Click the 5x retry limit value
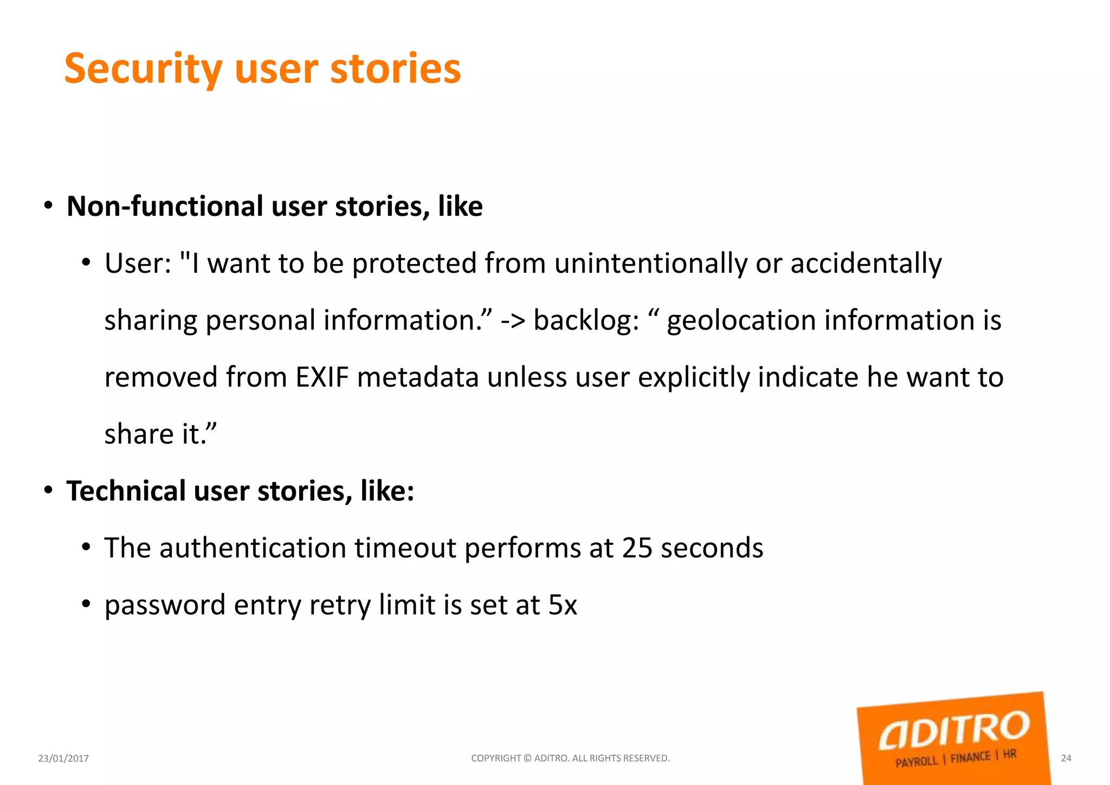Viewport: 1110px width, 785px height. (563, 604)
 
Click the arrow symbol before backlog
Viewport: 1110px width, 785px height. (513, 321)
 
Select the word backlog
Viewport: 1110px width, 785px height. (586, 320)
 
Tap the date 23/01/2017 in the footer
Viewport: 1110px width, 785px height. (63, 758)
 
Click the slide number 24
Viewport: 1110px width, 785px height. (1066, 758)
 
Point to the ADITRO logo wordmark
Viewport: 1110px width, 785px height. (954, 730)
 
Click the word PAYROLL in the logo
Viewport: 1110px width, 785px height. (916, 762)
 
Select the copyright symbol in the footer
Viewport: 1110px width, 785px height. (527, 758)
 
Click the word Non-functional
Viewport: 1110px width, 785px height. (165, 207)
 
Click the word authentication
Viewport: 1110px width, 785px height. (253, 548)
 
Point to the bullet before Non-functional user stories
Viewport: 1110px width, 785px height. (49, 206)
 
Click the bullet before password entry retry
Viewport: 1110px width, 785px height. (86, 604)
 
